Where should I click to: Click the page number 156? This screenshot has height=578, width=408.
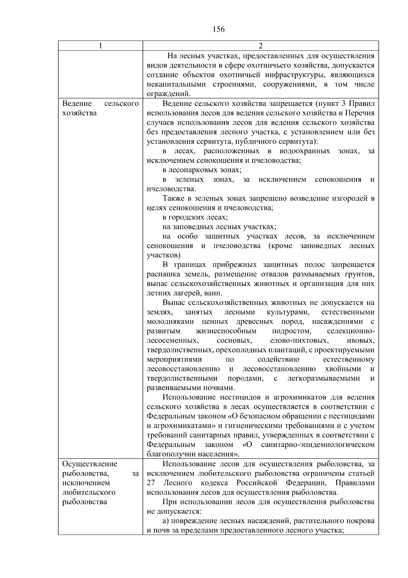(219, 29)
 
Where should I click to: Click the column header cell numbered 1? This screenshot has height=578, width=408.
(100, 46)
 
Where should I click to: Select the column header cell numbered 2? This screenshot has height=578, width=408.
(260, 46)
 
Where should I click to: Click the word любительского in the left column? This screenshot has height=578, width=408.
(89, 492)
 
